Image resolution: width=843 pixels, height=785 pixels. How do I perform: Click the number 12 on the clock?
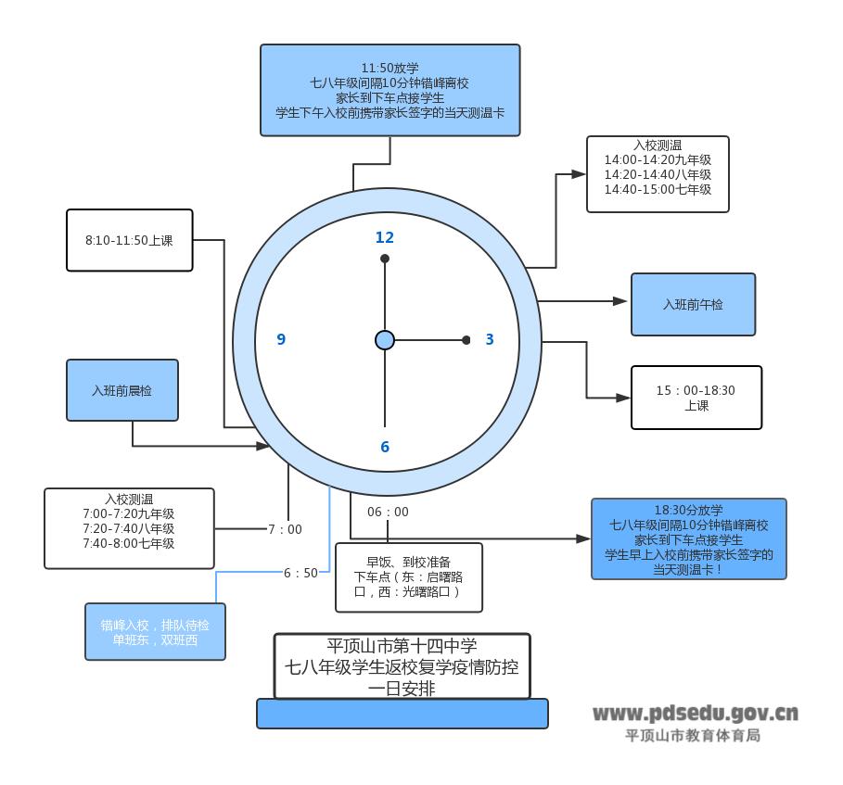[384, 237]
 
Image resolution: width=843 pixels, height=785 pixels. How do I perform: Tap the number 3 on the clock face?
[490, 339]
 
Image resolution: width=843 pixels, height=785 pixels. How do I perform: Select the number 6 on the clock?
[385, 447]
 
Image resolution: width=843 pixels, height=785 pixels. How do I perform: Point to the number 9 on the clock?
[281, 339]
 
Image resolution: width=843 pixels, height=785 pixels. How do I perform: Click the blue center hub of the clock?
[385, 340]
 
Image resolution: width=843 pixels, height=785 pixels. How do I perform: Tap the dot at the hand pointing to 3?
[466, 340]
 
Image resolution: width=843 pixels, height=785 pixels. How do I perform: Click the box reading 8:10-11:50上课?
[130, 240]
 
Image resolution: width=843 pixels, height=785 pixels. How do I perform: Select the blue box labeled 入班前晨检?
[121, 390]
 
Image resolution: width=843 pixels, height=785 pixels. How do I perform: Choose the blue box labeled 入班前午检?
[693, 304]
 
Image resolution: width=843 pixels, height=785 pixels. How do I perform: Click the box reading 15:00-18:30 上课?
[696, 398]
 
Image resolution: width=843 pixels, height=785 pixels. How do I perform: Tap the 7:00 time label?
[285, 529]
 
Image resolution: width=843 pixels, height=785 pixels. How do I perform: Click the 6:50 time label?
[300, 573]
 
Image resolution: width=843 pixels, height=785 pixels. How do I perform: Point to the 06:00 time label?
[388, 512]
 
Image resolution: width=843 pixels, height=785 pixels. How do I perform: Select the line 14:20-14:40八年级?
[658, 174]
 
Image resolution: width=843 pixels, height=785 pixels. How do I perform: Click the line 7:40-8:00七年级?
[128, 543]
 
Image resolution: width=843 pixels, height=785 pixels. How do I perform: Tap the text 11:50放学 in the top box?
[390, 68]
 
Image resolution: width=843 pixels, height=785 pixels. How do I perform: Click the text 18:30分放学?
[688, 510]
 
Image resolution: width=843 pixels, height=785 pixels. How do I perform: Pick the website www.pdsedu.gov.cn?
[695, 713]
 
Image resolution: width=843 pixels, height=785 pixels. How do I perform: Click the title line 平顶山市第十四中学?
[402, 646]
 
